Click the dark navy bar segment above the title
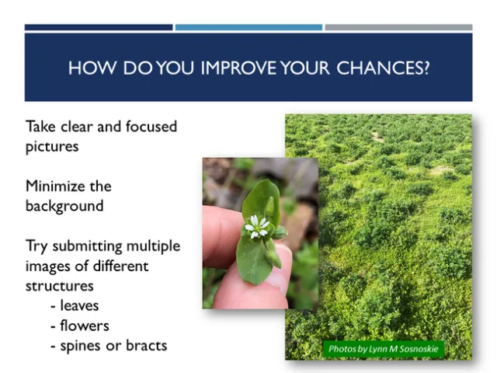point(99,27)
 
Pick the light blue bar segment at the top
point(248,27)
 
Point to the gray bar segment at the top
point(398,27)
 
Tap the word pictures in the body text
point(52,146)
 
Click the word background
point(64,207)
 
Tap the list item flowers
point(85,326)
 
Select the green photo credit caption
point(383,349)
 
